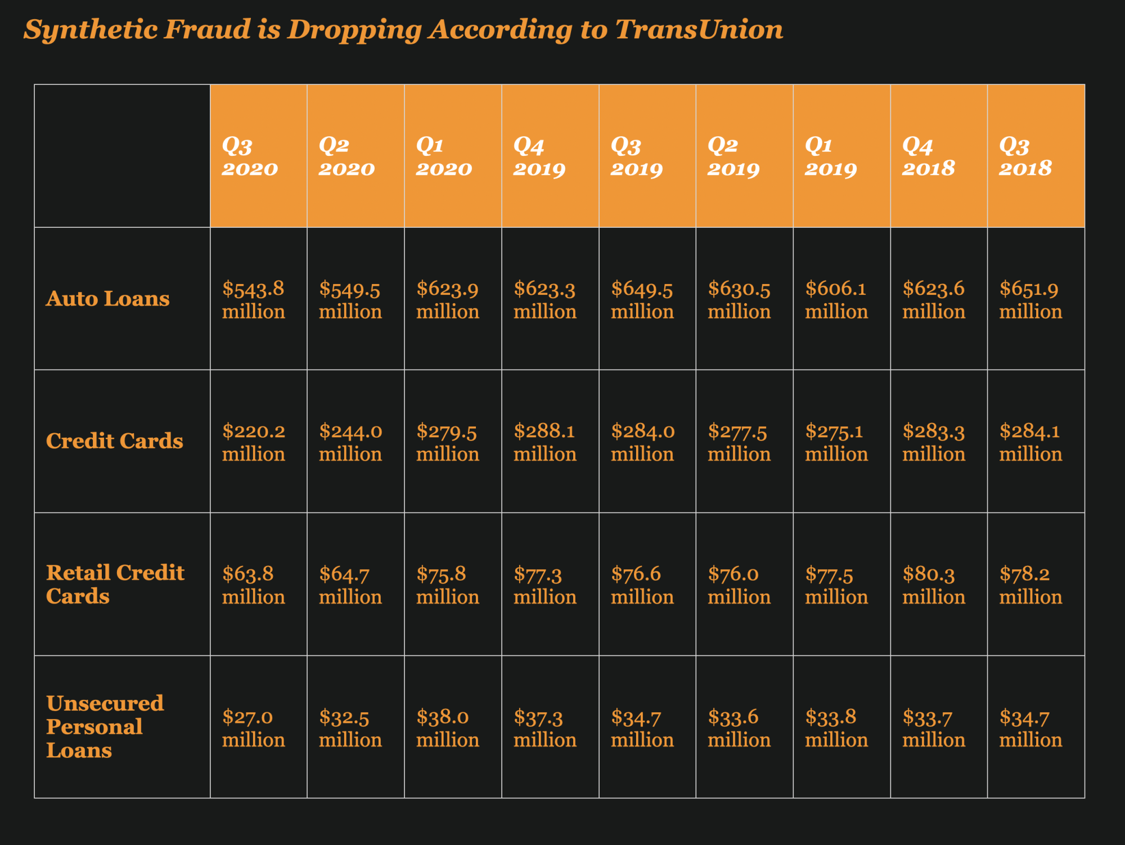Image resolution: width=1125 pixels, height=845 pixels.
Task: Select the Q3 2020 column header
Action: pos(250,157)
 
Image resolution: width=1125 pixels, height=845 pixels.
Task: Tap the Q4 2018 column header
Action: pos(929,157)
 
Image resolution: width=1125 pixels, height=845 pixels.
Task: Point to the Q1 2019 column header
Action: pos(831,157)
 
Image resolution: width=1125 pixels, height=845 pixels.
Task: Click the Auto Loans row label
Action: pos(107,299)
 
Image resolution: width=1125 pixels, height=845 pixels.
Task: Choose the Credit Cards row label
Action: pos(114,441)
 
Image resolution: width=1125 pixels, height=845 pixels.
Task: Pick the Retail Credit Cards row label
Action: pos(115,584)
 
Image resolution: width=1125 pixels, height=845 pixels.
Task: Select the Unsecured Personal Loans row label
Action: pos(105,727)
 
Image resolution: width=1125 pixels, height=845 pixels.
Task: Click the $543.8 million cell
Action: pos(254,300)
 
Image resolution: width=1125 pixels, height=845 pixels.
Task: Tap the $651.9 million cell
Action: pos(1030,300)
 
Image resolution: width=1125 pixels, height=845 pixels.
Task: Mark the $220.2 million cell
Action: pos(254,442)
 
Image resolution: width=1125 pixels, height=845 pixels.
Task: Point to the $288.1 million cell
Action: pos(544,442)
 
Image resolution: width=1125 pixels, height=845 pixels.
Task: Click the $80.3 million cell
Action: pos(933,585)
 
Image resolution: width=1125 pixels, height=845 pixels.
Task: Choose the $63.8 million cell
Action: pos(254,585)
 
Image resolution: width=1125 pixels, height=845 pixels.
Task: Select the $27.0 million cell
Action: pos(254,728)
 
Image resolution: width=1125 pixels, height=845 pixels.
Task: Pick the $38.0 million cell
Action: pos(448,728)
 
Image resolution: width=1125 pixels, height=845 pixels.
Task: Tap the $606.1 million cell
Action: pos(836,300)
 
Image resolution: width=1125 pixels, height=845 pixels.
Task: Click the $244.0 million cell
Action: pos(350,442)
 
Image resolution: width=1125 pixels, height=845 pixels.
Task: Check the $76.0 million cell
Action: pos(739,585)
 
